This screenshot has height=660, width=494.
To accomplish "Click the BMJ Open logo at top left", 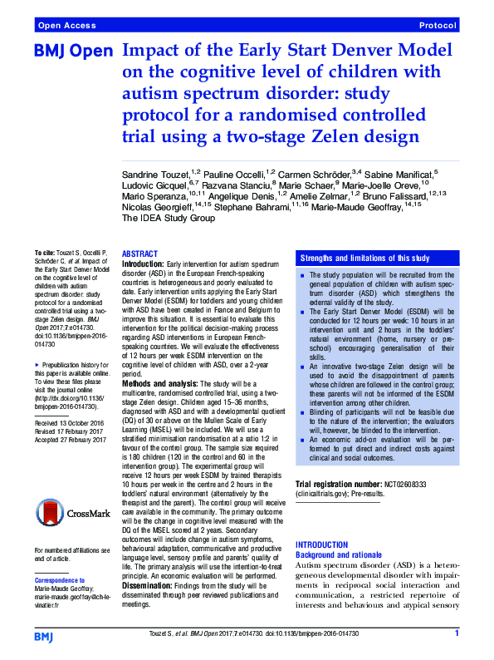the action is (x=73, y=52).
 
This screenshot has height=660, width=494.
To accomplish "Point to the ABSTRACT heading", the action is (x=140, y=254).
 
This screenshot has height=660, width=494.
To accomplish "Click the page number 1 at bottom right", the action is (x=457, y=634).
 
